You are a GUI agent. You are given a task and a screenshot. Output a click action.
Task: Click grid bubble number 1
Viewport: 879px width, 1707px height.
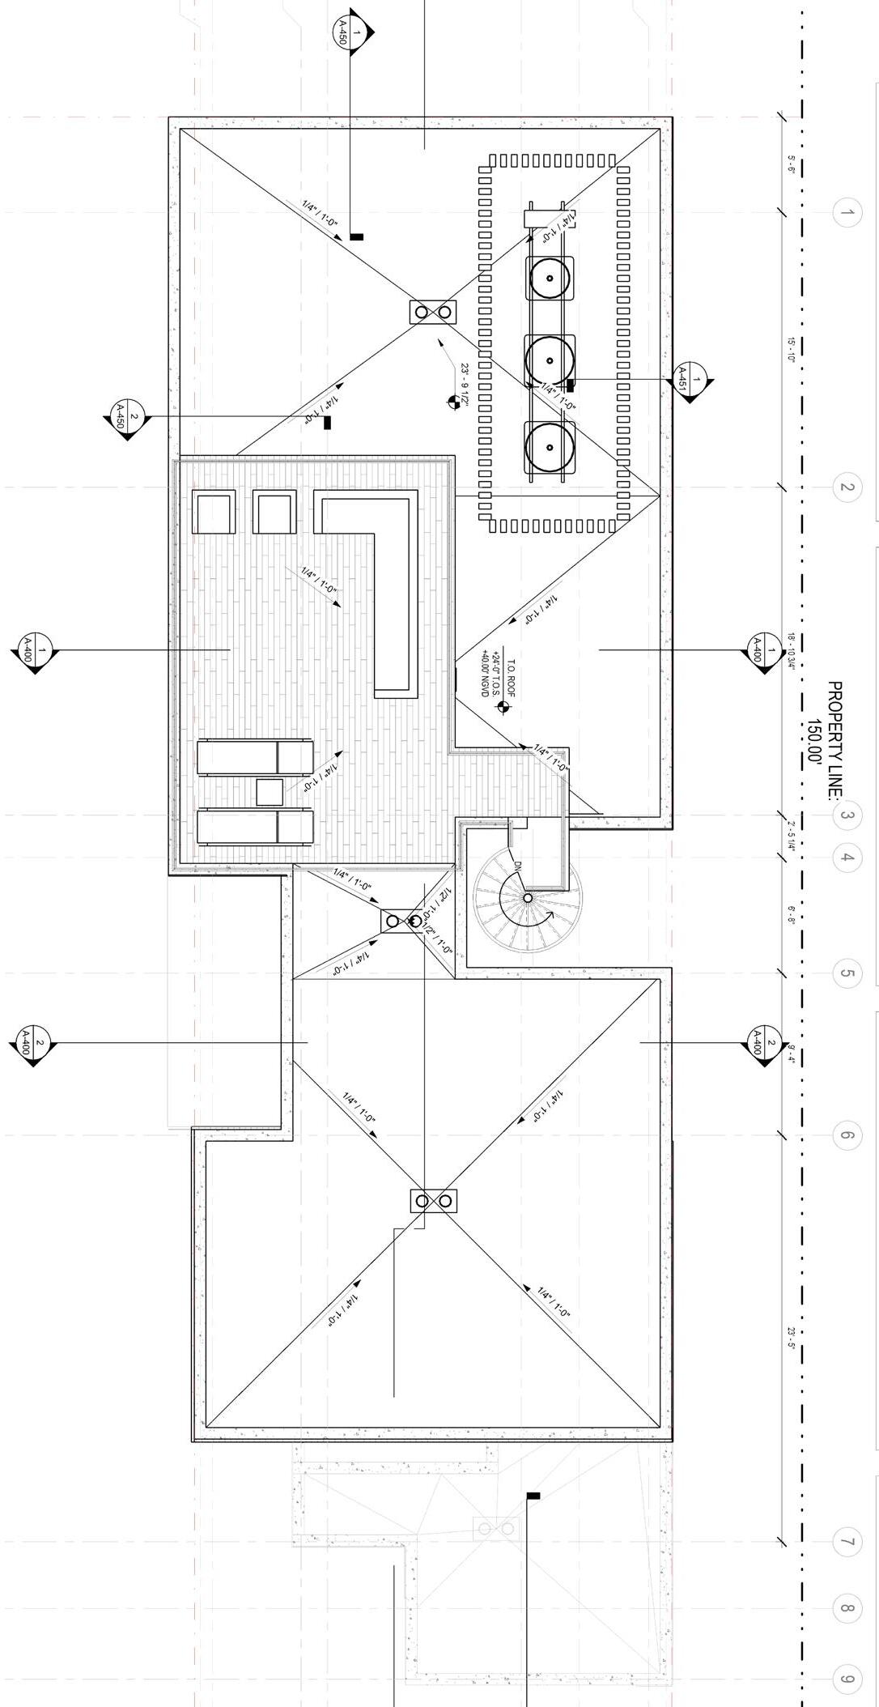pos(846,214)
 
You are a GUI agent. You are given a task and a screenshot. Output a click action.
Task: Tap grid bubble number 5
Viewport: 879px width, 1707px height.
pos(846,973)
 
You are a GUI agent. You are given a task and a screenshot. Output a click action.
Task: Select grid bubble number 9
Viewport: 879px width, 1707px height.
pos(846,1679)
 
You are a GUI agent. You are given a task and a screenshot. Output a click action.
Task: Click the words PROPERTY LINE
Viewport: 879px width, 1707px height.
pos(834,740)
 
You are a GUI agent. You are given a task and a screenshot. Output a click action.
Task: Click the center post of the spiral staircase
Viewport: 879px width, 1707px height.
pos(528,898)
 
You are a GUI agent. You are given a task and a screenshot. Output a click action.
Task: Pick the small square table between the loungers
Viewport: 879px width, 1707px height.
pos(270,791)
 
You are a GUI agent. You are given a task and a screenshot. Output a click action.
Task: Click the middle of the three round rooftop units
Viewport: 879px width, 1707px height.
pos(550,360)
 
